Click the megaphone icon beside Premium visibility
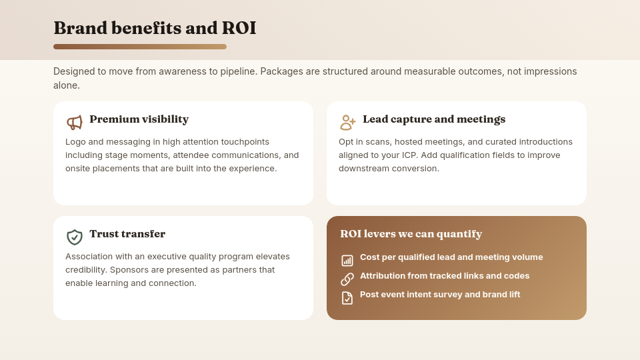pos(75,123)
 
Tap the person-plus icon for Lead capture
pos(348,123)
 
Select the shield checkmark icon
pos(75,237)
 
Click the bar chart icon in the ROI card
pos(347,261)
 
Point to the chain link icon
pos(347,279)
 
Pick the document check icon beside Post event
pos(347,298)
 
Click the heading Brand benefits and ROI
pos(155,28)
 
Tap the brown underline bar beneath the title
pos(140,47)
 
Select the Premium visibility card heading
pos(139,119)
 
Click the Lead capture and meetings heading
pos(434,119)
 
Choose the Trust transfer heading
pos(127,234)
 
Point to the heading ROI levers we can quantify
pos(411,234)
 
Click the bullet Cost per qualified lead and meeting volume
pos(451,257)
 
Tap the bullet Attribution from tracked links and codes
pos(445,276)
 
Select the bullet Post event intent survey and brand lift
pos(440,295)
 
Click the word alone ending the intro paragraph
pos(67,85)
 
